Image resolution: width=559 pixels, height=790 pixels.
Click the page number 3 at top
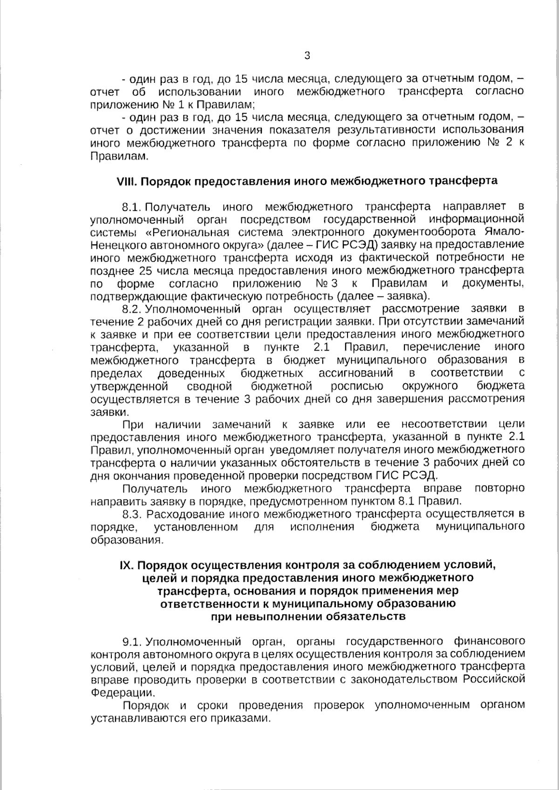click(x=307, y=56)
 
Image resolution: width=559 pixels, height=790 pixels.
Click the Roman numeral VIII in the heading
click(x=126, y=181)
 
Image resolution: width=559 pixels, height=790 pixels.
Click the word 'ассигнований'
click(x=355, y=373)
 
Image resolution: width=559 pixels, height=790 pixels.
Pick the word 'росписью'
click(x=357, y=386)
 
